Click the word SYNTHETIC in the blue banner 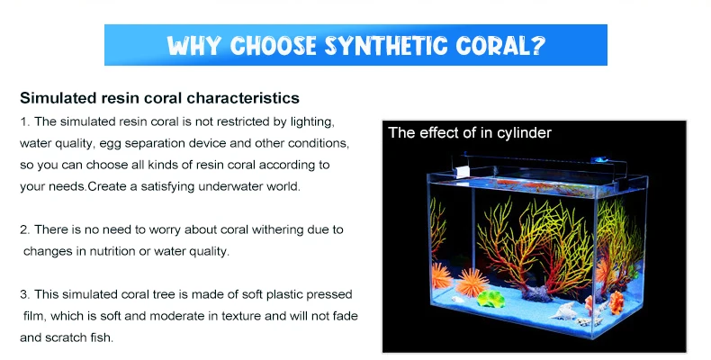[x=384, y=46]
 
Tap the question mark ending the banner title [x=537, y=46]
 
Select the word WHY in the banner [x=194, y=46]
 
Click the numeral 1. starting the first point [x=25, y=121]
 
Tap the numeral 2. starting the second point [x=25, y=229]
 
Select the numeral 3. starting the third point [x=25, y=294]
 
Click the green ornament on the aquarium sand [x=491, y=299]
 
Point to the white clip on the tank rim [x=462, y=172]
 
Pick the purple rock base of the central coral [x=538, y=293]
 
